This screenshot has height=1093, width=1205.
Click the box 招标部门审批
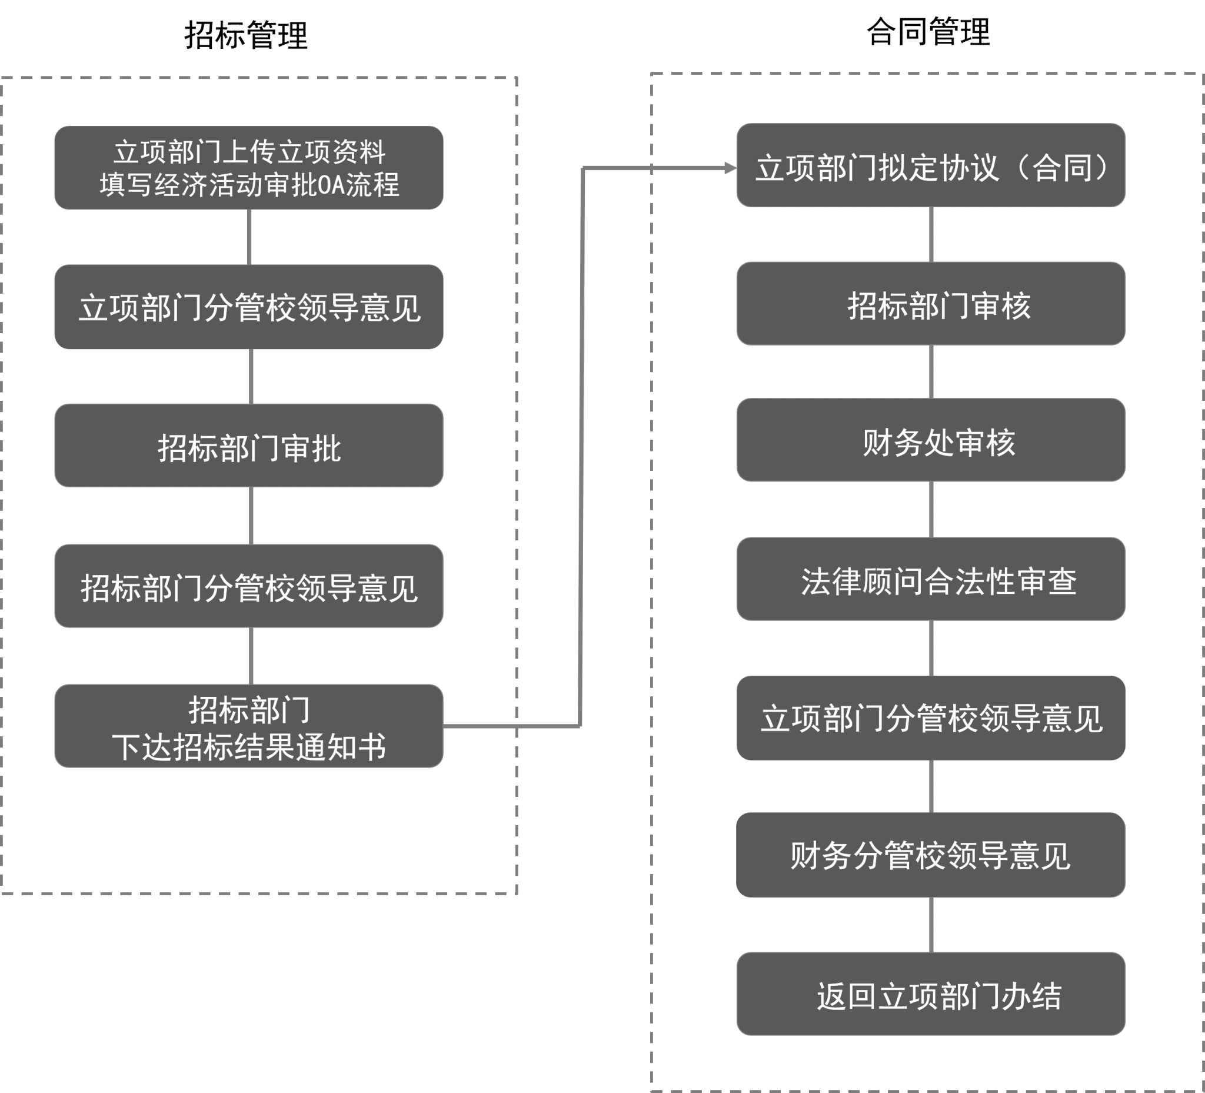click(249, 446)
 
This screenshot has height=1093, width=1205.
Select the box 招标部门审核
click(931, 304)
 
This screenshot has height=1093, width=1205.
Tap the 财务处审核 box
click(931, 440)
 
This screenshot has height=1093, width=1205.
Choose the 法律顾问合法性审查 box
click(931, 579)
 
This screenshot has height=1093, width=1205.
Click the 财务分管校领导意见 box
click(931, 855)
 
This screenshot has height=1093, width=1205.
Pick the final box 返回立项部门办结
click(931, 994)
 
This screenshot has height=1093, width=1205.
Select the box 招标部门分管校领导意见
click(249, 586)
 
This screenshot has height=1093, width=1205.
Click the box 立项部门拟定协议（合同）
click(931, 165)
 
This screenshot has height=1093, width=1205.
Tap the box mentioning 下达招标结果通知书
click(249, 726)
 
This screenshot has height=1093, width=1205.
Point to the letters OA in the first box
click(331, 185)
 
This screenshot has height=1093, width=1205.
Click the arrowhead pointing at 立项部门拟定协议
click(730, 168)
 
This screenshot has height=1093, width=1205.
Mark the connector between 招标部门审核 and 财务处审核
click(931, 372)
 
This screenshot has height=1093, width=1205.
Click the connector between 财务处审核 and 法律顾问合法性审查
click(931, 510)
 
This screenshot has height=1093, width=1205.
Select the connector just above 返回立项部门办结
click(931, 925)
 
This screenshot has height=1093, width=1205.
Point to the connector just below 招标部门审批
click(251, 516)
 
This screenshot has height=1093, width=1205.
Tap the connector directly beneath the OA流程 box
click(249, 237)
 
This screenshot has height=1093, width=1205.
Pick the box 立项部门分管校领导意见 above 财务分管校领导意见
click(931, 718)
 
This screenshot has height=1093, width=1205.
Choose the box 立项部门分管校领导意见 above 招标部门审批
click(249, 307)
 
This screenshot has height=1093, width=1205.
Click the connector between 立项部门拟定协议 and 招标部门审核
click(931, 234)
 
